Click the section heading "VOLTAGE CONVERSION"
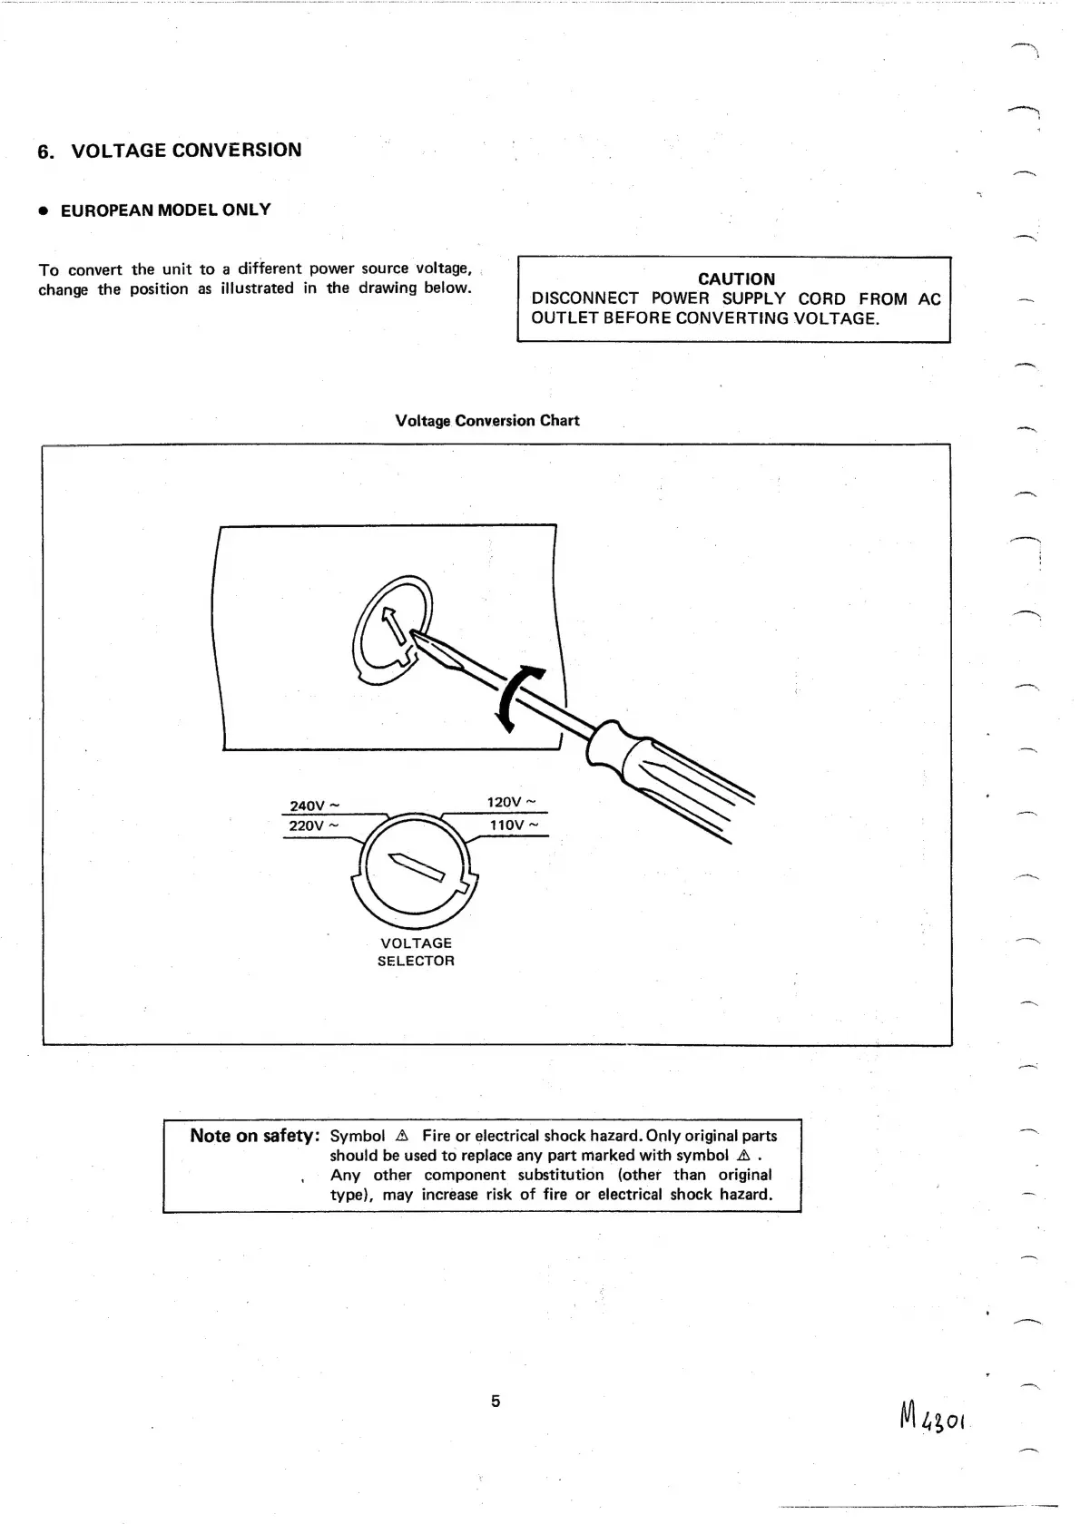point(186,151)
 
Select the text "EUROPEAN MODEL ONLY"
point(165,210)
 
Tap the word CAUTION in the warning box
point(736,279)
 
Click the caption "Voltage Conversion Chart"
point(487,421)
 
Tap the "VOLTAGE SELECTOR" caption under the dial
point(416,952)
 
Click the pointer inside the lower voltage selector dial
point(417,866)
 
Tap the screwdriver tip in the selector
point(419,641)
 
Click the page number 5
point(496,1401)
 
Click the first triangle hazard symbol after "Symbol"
point(403,1136)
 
